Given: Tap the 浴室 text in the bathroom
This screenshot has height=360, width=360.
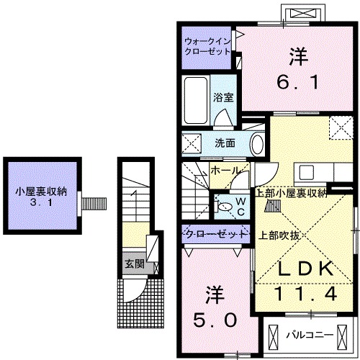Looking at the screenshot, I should pyautogui.click(x=222, y=98).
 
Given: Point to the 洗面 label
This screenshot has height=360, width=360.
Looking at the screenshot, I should pyautogui.click(x=225, y=143).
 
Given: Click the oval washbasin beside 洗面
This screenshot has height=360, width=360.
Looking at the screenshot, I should pyautogui.click(x=256, y=143).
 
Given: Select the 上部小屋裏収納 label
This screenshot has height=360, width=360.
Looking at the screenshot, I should pyautogui.click(x=292, y=192).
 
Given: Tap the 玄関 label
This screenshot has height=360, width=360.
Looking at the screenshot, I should pyautogui.click(x=132, y=264).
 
